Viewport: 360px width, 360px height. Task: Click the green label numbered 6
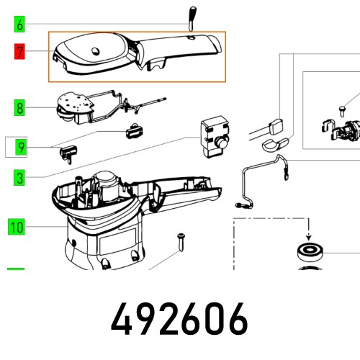19,24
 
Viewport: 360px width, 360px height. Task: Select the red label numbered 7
19,51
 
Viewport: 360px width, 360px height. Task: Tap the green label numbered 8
19,109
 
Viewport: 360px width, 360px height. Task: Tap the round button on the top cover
97,50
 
